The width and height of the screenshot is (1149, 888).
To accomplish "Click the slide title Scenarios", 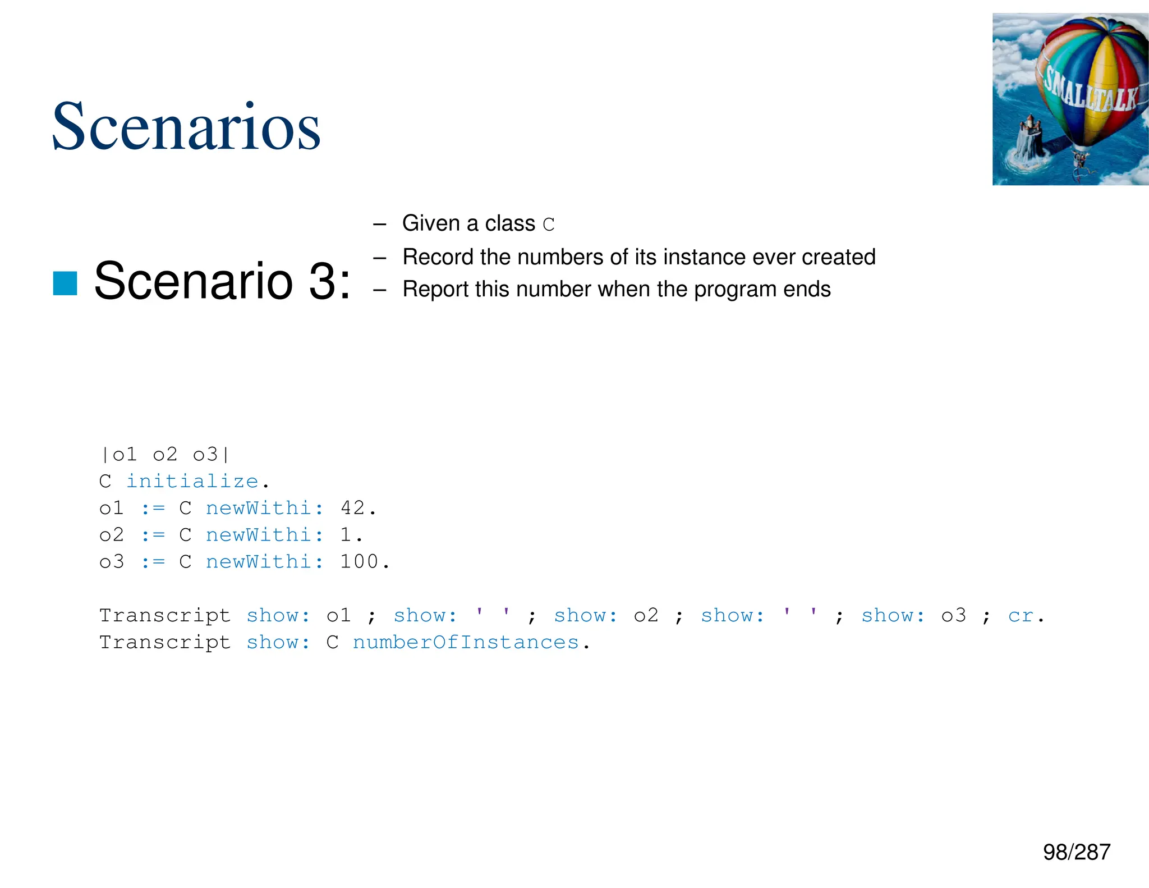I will point(186,127).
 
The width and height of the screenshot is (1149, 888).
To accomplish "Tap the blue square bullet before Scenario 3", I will point(65,283).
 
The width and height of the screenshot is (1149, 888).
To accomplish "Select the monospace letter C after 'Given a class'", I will point(548,225).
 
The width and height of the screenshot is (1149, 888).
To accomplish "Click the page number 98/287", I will point(1076,852).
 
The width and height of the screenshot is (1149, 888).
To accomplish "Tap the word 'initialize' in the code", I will point(192,481).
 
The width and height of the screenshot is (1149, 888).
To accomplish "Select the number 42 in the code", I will point(353,508).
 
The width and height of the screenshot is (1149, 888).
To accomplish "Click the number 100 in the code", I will point(359,562).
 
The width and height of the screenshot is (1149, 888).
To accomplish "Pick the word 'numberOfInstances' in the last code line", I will point(465,642).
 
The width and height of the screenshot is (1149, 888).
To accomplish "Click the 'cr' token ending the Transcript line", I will point(1020,616).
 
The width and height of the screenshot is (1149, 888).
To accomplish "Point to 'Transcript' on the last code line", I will point(165,642).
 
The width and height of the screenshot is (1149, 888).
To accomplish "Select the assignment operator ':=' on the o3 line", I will point(153,562).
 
